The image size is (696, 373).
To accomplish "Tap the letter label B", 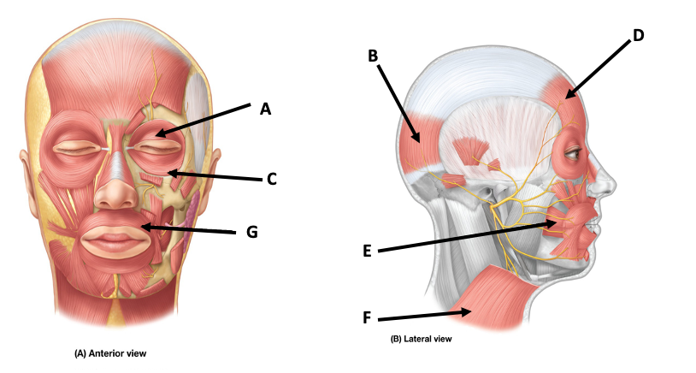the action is [373, 56].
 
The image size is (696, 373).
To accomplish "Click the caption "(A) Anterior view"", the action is [115, 352].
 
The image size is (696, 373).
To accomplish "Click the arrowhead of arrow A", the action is [155, 133].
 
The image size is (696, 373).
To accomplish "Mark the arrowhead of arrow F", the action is [473, 311].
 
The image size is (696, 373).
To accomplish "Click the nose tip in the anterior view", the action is [113, 198].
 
